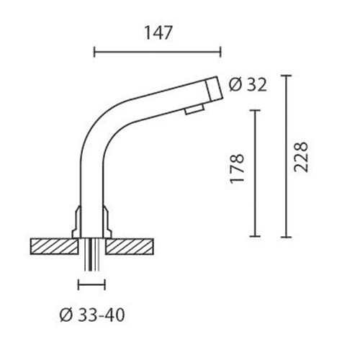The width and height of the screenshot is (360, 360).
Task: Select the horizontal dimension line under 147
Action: click(158, 51)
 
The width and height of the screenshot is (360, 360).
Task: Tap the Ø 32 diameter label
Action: click(247, 85)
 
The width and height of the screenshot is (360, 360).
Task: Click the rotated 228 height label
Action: click(302, 155)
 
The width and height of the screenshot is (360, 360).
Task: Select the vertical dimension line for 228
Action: click(287, 156)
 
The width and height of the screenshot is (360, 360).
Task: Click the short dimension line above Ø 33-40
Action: click(91, 284)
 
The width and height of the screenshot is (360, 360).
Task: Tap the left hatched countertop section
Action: click(53, 246)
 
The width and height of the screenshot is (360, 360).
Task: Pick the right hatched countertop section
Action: click(132, 246)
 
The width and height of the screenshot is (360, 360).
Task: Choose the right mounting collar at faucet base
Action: click(106, 220)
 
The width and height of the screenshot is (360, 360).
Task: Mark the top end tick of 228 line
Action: click(287, 75)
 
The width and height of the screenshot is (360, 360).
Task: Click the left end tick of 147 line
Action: click(95, 51)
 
